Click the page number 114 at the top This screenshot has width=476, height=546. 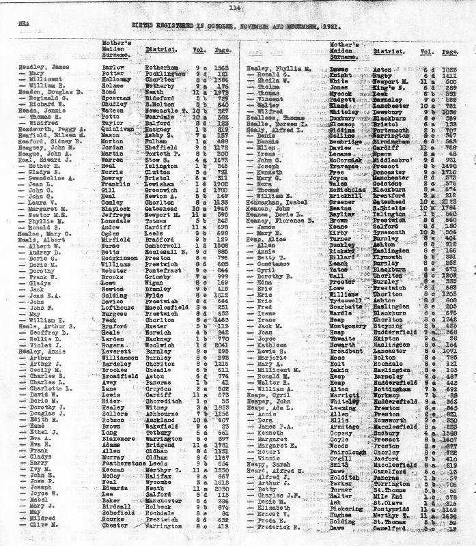pyautogui.click(x=236, y=8)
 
